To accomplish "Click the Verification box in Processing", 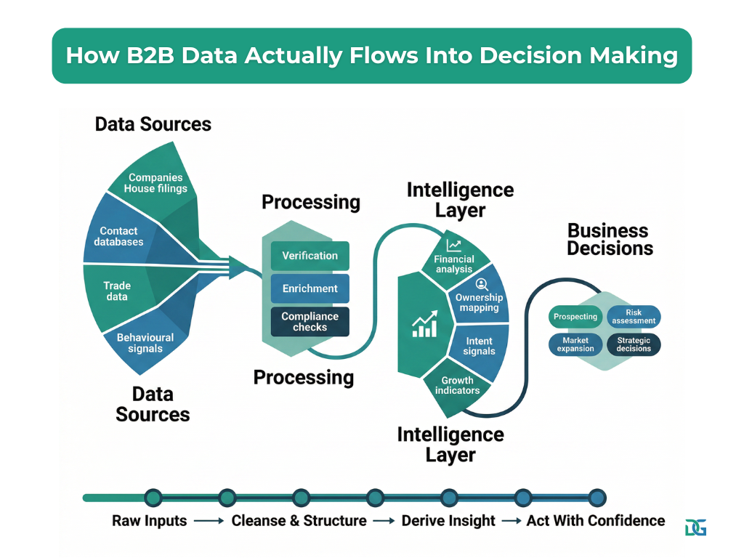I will (x=310, y=256).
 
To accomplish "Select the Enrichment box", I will (x=310, y=288).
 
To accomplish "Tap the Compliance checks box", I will (x=310, y=322).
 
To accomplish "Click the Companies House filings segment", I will (x=155, y=182).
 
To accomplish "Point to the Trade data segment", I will (x=116, y=291).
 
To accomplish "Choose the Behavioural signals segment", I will (x=145, y=343).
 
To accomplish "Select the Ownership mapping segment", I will (x=479, y=302).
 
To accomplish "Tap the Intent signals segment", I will (x=479, y=346).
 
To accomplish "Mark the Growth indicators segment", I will (x=457, y=385).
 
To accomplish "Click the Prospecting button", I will (x=575, y=317).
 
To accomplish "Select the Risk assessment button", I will (x=634, y=317).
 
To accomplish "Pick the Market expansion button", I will (x=575, y=344).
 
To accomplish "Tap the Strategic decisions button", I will (x=634, y=344).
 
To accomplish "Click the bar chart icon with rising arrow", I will (x=425, y=324).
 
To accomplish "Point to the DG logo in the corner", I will (x=695, y=527).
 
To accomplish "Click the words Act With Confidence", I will (x=595, y=520).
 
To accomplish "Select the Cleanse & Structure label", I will (x=299, y=520).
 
